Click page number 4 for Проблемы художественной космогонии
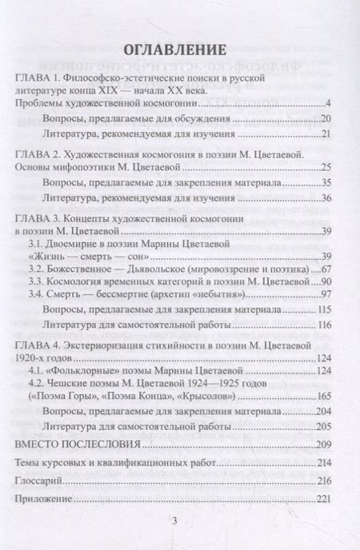[x=329, y=105]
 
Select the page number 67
[x=326, y=270]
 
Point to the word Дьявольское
[x=154, y=270]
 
